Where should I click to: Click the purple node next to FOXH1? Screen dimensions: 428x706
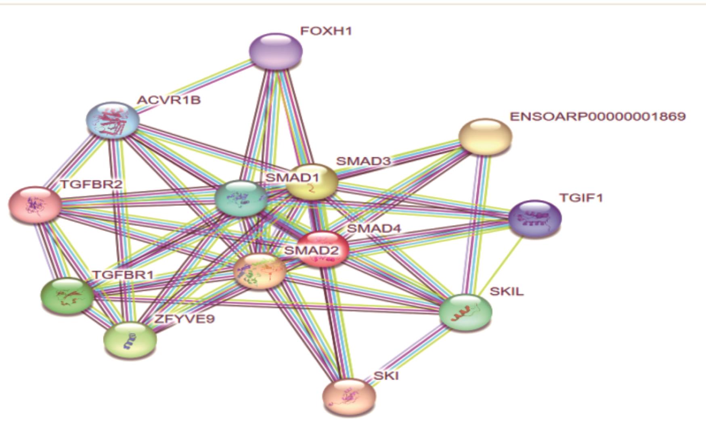(276, 51)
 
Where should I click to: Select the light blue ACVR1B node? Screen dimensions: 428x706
(113, 120)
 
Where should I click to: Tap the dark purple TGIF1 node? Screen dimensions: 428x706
(535, 219)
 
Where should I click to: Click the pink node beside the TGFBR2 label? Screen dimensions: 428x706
(35, 205)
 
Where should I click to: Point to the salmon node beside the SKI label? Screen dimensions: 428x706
(349, 397)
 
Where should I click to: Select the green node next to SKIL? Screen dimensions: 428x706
(465, 312)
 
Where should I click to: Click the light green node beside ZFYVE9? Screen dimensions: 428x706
(130, 340)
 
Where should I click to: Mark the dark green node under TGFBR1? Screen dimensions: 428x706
(67, 296)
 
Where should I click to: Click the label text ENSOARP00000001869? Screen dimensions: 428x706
(597, 117)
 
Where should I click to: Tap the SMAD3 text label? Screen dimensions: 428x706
(363, 161)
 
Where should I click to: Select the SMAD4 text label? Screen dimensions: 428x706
(374, 228)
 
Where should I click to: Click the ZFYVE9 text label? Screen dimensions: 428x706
(184, 319)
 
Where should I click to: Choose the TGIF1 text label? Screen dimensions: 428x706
(581, 198)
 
